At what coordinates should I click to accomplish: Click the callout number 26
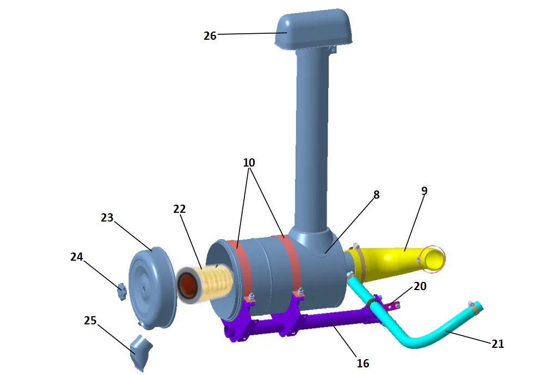(x=210, y=36)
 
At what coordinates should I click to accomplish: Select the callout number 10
(x=249, y=162)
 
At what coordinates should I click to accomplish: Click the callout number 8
(x=376, y=195)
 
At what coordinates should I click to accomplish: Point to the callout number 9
(x=425, y=190)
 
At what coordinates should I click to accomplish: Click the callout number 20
(x=420, y=286)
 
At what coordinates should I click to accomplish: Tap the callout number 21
(x=497, y=344)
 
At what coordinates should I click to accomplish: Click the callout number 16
(x=363, y=363)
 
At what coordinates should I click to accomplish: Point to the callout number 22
(x=180, y=209)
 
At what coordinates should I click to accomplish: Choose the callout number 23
(x=107, y=218)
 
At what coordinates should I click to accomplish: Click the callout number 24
(x=77, y=257)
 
